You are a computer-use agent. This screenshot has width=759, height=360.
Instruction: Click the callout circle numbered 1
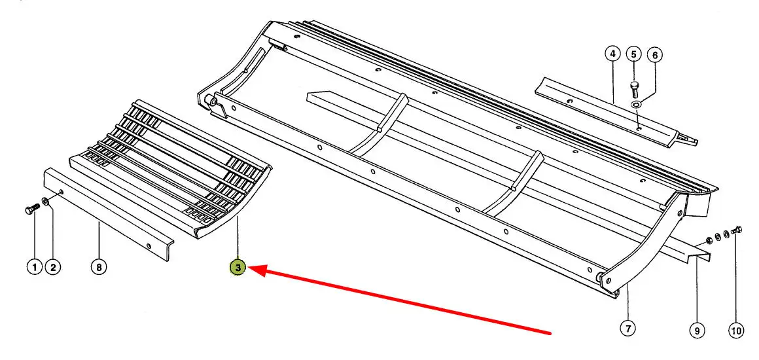pyautogui.click(x=35, y=267)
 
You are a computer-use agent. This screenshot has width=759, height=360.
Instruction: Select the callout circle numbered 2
pyautogui.click(x=53, y=267)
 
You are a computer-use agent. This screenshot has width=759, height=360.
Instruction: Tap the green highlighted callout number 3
pyautogui.click(x=238, y=267)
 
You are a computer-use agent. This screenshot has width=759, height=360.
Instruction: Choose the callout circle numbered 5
pyautogui.click(x=634, y=54)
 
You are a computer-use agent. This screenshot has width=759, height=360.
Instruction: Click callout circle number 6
pyautogui.click(x=655, y=55)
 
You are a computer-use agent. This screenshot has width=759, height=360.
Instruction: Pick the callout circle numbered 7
pyautogui.click(x=627, y=329)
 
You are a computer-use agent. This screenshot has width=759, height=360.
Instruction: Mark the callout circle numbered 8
pyautogui.click(x=99, y=267)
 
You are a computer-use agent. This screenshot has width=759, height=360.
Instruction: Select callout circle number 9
pyautogui.click(x=697, y=331)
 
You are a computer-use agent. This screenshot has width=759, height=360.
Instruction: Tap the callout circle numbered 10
pyautogui.click(x=735, y=331)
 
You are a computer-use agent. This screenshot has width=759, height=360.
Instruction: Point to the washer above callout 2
pyautogui.click(x=45, y=201)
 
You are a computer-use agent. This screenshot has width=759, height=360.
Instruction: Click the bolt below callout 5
pyautogui.click(x=635, y=90)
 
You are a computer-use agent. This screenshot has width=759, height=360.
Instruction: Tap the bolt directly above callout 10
pyautogui.click(x=737, y=230)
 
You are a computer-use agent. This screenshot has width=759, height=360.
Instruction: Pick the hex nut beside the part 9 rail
pyautogui.click(x=708, y=240)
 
